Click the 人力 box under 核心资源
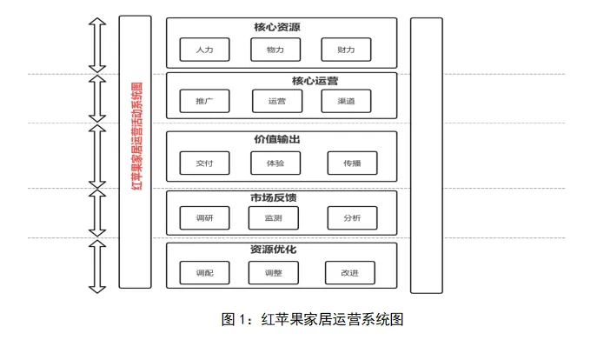click(205, 50)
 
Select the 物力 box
click(275, 50)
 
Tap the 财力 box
click(346, 50)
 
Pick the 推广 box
click(205, 102)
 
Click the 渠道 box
click(346, 102)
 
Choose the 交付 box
click(205, 163)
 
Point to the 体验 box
click(275, 163)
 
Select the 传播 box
click(352, 163)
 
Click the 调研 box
click(205, 217)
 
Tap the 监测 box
click(273, 217)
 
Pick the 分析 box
click(352, 217)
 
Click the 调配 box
click(205, 272)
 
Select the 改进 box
click(350, 272)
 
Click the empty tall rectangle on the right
click(426, 155)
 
